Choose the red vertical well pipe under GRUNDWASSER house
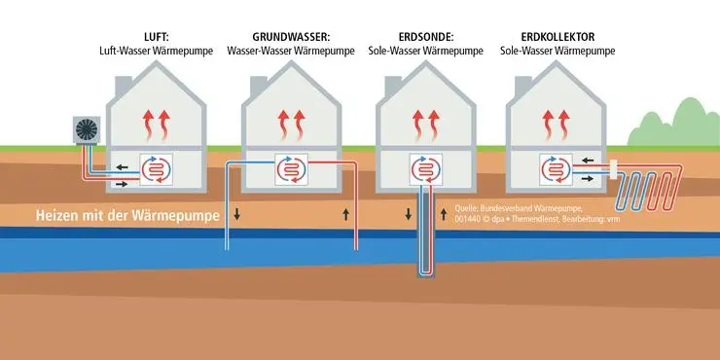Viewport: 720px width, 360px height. [x=356, y=214]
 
